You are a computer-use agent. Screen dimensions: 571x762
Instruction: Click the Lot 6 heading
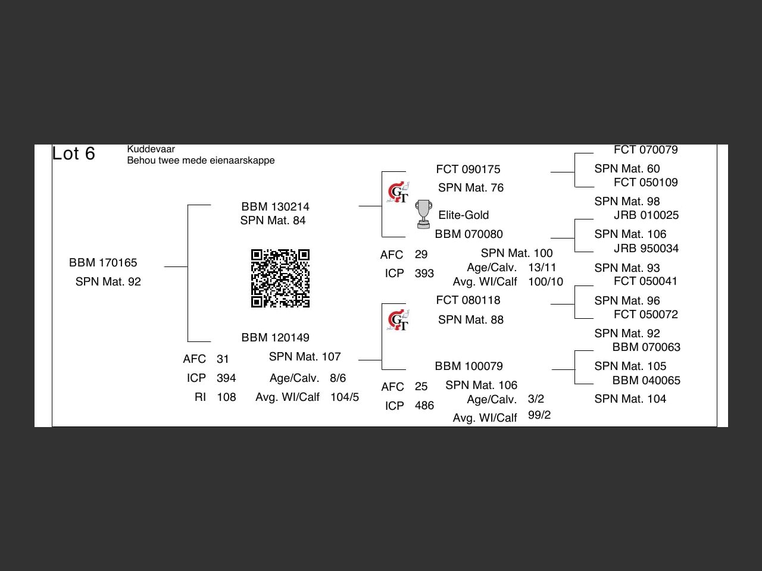pos(73,153)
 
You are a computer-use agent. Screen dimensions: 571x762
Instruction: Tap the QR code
pos(280,278)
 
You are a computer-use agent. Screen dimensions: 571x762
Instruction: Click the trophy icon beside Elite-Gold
pos(423,214)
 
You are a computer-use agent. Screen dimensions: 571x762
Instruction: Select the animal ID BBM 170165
pos(103,262)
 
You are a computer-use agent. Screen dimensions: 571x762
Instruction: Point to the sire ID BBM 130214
pos(275,206)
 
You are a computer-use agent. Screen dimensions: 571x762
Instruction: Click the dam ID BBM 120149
pos(275,337)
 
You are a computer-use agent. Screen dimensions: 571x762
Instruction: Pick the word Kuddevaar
pos(151,149)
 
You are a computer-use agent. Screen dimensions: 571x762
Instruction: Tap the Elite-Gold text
pos(463,215)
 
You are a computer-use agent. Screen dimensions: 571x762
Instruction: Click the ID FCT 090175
pos(468,169)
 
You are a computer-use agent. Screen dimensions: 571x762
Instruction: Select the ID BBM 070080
pos(469,234)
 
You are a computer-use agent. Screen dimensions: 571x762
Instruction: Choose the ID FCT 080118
pos(468,300)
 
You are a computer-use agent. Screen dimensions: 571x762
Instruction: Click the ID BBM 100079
pos(469,366)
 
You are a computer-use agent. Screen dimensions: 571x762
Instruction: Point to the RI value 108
pos(226,397)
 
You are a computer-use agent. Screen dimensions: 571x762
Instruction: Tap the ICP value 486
pos(424,405)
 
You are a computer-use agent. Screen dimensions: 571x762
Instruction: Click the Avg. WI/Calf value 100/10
pos(545,281)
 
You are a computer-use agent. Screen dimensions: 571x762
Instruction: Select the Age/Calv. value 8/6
pos(338,378)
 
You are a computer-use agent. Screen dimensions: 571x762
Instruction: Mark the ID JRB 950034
pos(646,248)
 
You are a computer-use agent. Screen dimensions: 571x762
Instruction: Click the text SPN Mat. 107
pos(305,356)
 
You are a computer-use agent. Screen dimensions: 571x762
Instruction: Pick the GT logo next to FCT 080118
pos(398,321)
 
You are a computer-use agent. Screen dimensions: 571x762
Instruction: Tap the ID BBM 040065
pos(646,380)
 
